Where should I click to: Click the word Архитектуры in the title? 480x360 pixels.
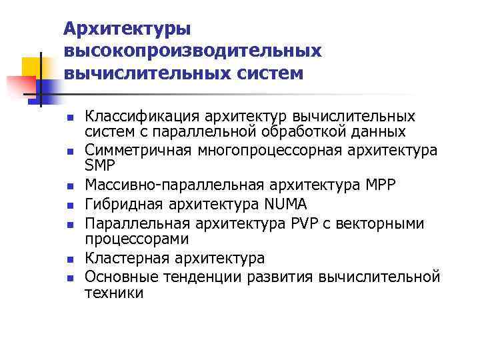pos(127,29)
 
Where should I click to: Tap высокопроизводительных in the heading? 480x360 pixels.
pos(193,51)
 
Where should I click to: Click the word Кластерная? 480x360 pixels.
pos(127,258)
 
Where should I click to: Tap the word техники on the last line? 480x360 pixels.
pos(114,293)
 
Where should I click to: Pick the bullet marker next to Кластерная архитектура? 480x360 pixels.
pos(69,259)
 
